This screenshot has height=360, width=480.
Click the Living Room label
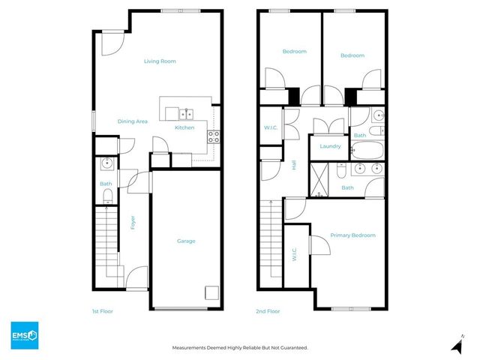tap(160, 61)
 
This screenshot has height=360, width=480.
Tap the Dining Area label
tap(132, 121)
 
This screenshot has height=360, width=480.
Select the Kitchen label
tap(184, 128)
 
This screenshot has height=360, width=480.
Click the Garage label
tap(186, 241)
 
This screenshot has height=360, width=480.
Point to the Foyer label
tap(133, 223)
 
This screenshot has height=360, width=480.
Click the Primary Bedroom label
tap(352, 235)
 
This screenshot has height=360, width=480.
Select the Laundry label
tap(331, 147)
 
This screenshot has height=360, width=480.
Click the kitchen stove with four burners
tap(213, 136)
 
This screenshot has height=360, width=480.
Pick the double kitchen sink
tap(185, 114)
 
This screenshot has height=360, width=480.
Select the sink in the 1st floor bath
tap(106, 163)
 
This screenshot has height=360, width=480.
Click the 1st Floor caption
tap(102, 310)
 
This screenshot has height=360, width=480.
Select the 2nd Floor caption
tap(268, 310)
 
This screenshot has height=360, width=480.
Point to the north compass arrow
tap(455, 345)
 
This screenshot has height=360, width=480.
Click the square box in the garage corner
tap(212, 293)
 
